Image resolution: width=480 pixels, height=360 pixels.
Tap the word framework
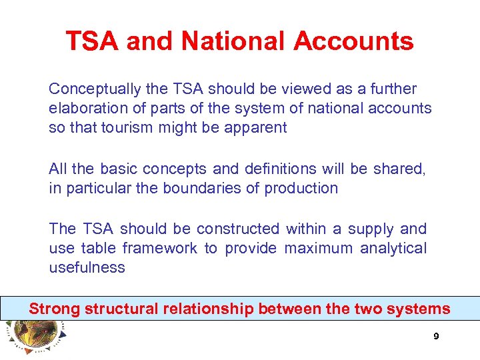point(160,248)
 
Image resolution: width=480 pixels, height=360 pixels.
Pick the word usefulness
point(87,267)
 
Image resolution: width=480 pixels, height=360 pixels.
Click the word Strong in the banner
point(54,309)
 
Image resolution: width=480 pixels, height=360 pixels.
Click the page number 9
point(436,337)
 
